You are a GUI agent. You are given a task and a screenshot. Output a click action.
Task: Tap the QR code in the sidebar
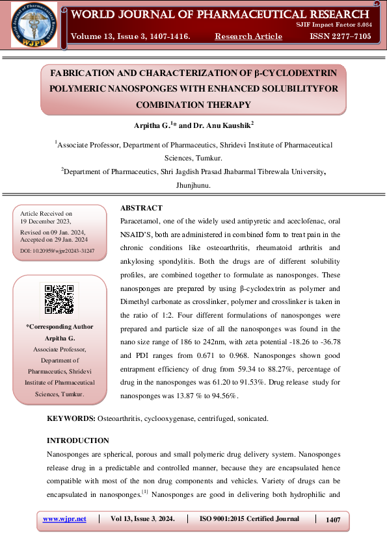coord(59,299)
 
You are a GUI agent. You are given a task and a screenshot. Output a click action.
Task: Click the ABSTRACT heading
coord(141,208)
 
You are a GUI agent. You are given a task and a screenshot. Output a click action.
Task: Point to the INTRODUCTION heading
coord(78,440)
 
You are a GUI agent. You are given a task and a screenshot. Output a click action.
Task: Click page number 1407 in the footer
coord(333,520)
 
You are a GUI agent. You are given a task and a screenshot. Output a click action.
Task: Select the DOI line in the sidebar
coord(57,250)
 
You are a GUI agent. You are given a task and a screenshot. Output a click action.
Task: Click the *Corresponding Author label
coord(60,326)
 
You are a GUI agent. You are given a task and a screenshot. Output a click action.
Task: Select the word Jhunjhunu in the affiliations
coord(193,185)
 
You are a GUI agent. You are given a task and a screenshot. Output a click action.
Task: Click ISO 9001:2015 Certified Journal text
coord(248,519)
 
